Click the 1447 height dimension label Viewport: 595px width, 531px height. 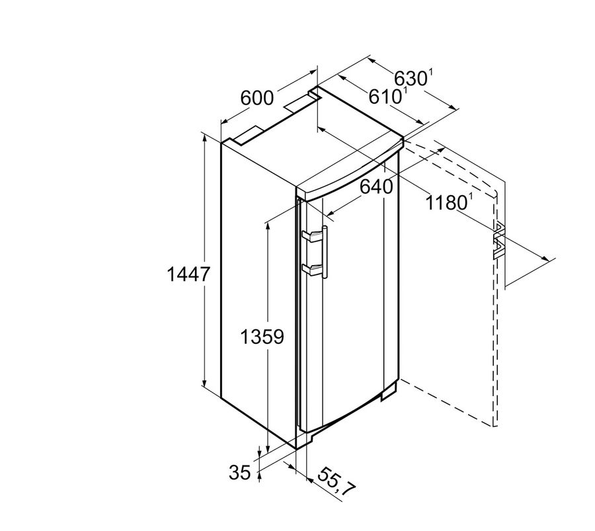188,274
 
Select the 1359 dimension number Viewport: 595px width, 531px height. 262,337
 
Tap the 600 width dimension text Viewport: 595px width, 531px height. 257,99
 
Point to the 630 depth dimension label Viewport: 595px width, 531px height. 411,79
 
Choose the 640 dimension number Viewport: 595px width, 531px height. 376,186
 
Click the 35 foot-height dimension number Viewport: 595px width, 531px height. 240,473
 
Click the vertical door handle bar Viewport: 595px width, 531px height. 325,252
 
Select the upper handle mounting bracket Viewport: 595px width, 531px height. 311,236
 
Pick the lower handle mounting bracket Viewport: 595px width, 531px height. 311,269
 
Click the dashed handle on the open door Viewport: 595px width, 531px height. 499,241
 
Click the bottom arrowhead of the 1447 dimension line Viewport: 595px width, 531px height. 204,383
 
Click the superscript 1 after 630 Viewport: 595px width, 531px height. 430,73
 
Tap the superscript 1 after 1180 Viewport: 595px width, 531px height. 471,196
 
